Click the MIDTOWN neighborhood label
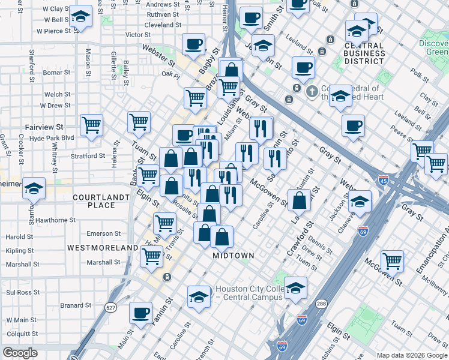(x=234, y=256)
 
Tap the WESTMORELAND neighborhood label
(x=103, y=247)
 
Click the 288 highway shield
(x=322, y=304)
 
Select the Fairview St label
(x=44, y=128)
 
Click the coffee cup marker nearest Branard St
(x=141, y=313)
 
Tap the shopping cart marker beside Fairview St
(x=91, y=125)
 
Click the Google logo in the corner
(x=20, y=353)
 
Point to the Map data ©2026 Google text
(x=412, y=355)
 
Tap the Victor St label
(x=137, y=35)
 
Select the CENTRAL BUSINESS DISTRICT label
(x=356, y=53)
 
